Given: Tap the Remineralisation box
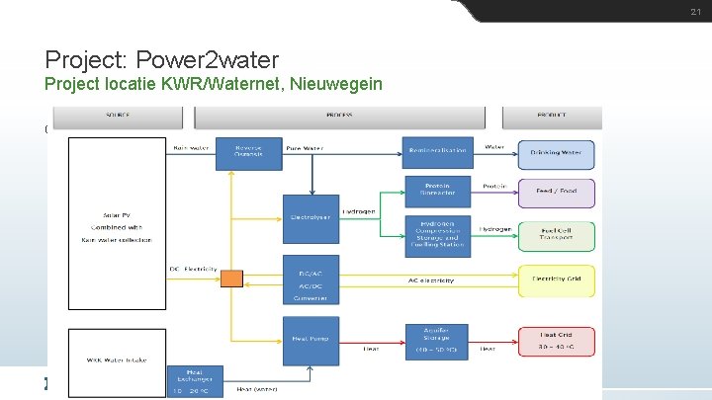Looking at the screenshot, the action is click(x=438, y=152).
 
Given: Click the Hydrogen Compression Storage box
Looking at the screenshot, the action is click(x=438, y=237).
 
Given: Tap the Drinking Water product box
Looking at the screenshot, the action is click(x=557, y=152).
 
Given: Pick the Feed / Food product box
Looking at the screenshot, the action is click(x=557, y=193).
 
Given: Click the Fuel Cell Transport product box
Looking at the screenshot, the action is click(x=557, y=237).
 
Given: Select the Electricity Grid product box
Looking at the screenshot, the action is click(x=557, y=280).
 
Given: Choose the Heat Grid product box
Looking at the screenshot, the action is click(x=557, y=340).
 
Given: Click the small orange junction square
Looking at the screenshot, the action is click(x=231, y=279).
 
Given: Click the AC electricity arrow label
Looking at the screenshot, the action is click(x=431, y=280).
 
